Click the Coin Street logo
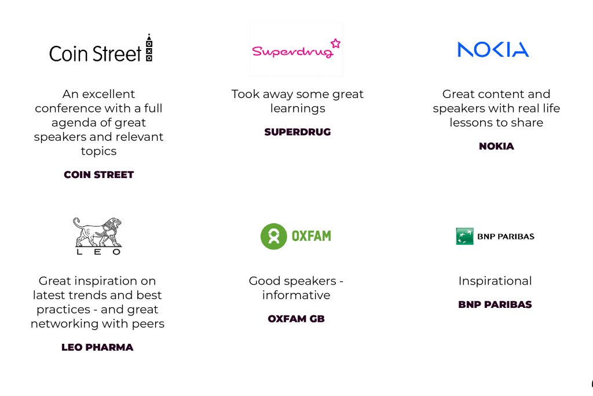coord(101,48)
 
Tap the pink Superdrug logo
coord(296,49)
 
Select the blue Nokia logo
coord(493,50)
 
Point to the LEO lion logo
coord(98,236)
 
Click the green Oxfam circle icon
coord(274,236)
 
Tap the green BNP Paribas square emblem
coord(465,236)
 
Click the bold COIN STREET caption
coord(98,175)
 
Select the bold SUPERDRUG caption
coord(298,132)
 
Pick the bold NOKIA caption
coord(496,146)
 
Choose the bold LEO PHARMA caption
coord(97,347)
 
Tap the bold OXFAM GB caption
coord(296,319)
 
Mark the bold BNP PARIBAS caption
coord(495,304)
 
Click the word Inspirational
coord(495,281)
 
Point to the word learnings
coord(298,108)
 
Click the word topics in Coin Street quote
coord(98,151)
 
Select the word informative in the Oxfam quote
coord(296,295)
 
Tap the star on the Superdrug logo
coord(335,43)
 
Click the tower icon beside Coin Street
coord(149,48)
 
